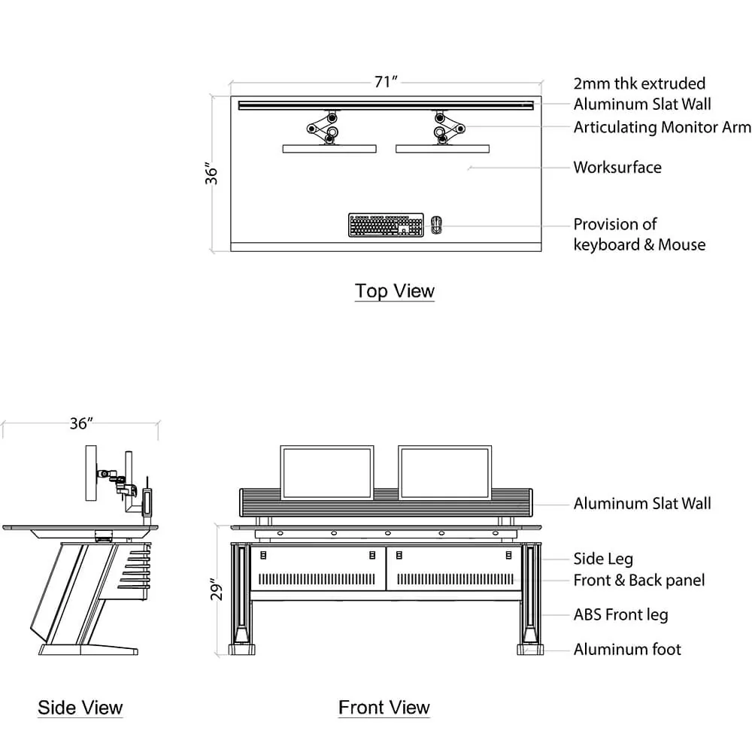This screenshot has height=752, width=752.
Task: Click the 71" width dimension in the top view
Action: coord(385,82)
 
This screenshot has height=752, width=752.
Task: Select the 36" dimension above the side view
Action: coord(80,423)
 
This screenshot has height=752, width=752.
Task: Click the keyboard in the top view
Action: coord(384,225)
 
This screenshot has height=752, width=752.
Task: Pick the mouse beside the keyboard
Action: coord(437,225)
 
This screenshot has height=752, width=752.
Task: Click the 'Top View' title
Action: coord(394,291)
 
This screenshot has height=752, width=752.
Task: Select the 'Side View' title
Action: coord(80,708)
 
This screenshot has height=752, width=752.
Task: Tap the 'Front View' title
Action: coord(384,708)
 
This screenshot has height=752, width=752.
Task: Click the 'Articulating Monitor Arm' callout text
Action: coord(662,127)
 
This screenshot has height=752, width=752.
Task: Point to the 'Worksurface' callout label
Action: coord(617,167)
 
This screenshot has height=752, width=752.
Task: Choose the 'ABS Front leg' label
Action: coord(620,614)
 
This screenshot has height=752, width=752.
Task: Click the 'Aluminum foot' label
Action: coord(627,649)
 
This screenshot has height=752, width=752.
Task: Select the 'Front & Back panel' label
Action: coord(639,580)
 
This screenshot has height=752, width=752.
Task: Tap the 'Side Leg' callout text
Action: coord(603,559)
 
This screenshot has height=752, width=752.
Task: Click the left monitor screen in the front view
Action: coord(327,472)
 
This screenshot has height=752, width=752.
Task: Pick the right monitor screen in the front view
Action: coord(445,472)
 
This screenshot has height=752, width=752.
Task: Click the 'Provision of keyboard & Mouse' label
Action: coord(639,234)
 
